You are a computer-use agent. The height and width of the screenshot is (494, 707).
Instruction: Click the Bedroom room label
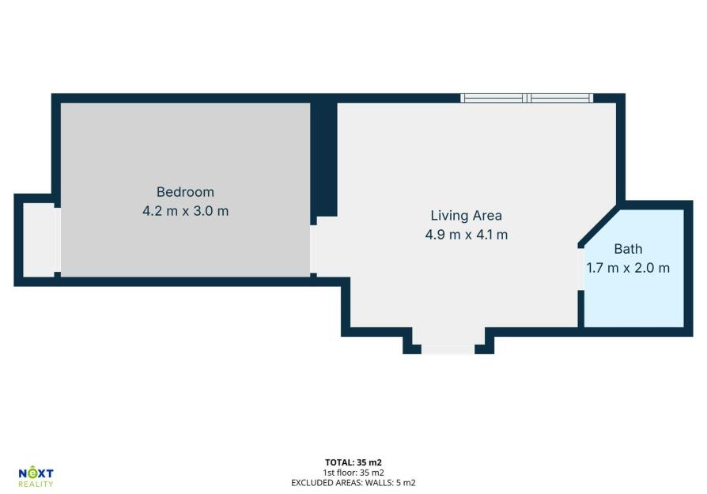tap(185, 192)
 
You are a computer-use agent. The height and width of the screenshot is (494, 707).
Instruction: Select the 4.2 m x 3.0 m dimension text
tap(185, 211)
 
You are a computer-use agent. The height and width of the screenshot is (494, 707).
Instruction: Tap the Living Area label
tap(467, 216)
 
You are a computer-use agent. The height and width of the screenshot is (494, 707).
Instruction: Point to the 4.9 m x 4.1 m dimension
tap(467, 235)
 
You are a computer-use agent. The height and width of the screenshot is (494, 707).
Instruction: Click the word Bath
tap(628, 249)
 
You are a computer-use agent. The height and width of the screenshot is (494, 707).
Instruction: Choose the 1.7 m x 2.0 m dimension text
tap(628, 268)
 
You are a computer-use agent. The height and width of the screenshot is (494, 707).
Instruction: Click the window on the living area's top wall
tap(527, 98)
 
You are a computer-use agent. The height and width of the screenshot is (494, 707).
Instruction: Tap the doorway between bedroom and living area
tap(313, 249)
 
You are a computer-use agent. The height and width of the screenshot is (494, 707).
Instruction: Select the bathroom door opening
tap(581, 269)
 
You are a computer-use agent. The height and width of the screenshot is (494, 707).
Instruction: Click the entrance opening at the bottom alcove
tap(448, 349)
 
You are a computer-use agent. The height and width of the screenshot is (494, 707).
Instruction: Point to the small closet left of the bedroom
tap(39, 239)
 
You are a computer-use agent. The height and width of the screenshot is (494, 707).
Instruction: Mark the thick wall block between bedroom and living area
tap(323, 160)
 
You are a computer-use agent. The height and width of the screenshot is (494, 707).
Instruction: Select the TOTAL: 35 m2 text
tap(353, 462)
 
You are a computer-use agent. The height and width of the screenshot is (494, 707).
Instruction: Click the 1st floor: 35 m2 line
tap(353, 473)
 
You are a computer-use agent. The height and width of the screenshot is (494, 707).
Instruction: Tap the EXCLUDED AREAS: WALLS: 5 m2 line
tap(353, 483)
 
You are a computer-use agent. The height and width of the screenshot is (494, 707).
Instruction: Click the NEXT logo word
tap(36, 473)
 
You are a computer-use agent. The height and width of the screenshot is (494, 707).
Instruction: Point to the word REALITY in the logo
tap(36, 484)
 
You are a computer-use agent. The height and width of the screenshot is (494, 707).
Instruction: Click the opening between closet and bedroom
tap(58, 239)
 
